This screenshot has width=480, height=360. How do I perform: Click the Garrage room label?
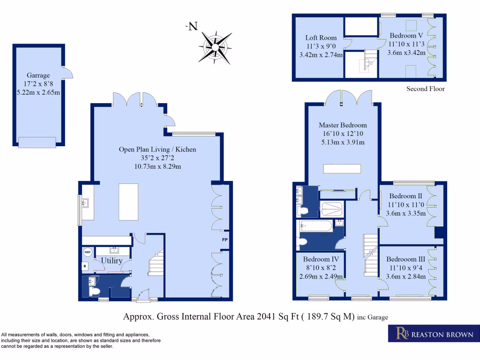point(38,75)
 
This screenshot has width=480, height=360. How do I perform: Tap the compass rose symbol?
point(215,47)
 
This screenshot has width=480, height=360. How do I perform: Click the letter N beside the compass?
point(193,26)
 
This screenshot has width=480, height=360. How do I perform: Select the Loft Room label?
point(321,37)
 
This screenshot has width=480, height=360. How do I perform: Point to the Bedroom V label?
point(406,36)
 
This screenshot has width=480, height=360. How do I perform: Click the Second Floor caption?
point(426,89)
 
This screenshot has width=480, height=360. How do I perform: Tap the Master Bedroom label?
point(343,125)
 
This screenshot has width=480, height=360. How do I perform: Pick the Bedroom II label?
point(405,196)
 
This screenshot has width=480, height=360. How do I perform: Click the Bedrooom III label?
point(405,259)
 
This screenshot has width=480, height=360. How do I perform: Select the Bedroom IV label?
point(321,259)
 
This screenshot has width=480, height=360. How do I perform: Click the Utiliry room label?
point(112,261)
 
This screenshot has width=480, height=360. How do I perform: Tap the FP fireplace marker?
point(225,240)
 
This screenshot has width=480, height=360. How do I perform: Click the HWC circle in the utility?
point(88,252)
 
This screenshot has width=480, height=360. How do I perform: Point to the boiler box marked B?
point(85,266)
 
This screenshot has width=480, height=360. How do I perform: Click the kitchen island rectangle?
point(128,202)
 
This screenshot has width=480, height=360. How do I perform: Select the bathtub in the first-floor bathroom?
point(316,226)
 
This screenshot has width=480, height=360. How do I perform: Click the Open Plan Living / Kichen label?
point(157,150)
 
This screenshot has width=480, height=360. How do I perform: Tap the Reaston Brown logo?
point(434,333)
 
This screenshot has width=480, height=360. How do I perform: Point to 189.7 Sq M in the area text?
point(330,316)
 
